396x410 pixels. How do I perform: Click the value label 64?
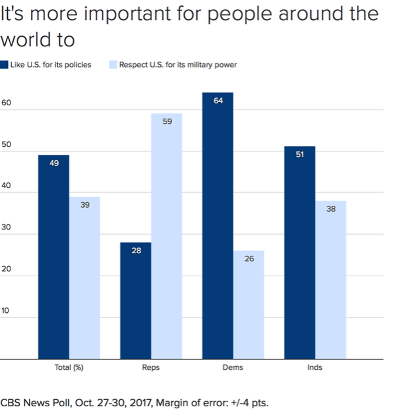pos(218,101)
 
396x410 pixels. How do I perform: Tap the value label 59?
pos(167,121)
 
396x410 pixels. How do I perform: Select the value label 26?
pos(249,259)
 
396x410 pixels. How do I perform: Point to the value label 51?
pos(299,154)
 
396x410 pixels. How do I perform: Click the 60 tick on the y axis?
pos(6,103)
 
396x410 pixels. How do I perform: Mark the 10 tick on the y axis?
pos(6,311)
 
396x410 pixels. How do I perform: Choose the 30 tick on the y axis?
pos(6,227)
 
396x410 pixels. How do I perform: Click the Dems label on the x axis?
pos(233,368)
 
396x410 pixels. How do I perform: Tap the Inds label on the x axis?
pos(315,368)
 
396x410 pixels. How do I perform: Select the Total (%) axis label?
pos(69,368)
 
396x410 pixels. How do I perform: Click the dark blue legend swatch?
pos(4,65)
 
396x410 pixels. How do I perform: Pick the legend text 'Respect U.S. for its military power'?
pos(178,65)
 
